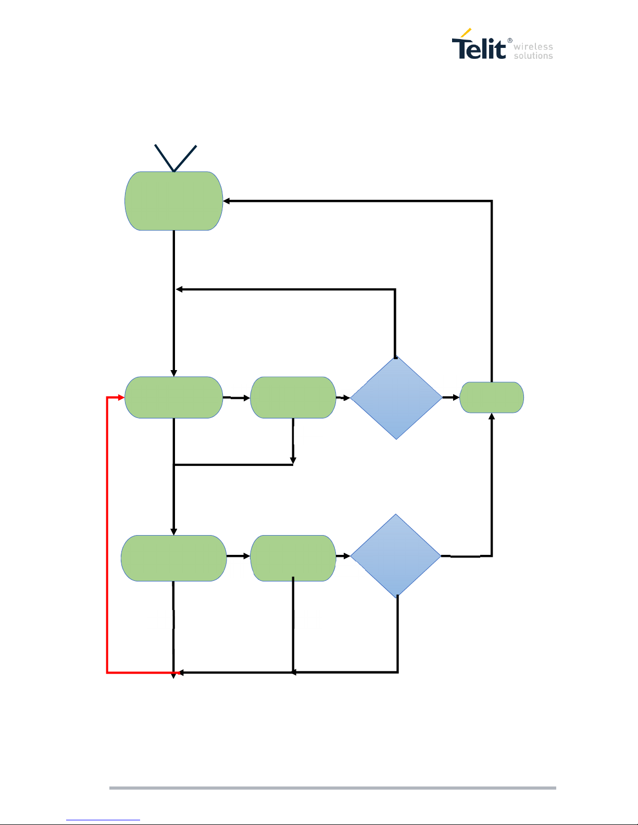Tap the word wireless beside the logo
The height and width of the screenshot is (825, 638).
533,47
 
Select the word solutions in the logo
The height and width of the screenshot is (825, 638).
533,56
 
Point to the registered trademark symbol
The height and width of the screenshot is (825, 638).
509,41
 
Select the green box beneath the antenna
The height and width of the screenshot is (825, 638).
174,201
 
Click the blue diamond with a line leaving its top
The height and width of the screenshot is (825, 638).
396,398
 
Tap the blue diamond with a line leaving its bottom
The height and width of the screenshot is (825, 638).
396,556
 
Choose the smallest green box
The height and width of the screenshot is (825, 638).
492,398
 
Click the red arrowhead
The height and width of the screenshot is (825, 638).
121,398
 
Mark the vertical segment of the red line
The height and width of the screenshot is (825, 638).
107,536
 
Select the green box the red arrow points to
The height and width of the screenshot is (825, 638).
174,398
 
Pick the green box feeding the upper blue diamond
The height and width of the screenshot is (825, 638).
293,398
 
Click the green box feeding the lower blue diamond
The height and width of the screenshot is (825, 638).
293,558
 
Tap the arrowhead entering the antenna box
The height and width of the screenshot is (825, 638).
227,201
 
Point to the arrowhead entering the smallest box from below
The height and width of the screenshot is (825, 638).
492,416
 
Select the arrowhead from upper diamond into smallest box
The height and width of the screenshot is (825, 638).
456,398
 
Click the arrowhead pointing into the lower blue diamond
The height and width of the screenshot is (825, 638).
347,556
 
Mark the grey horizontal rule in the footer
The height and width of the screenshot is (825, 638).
332,788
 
